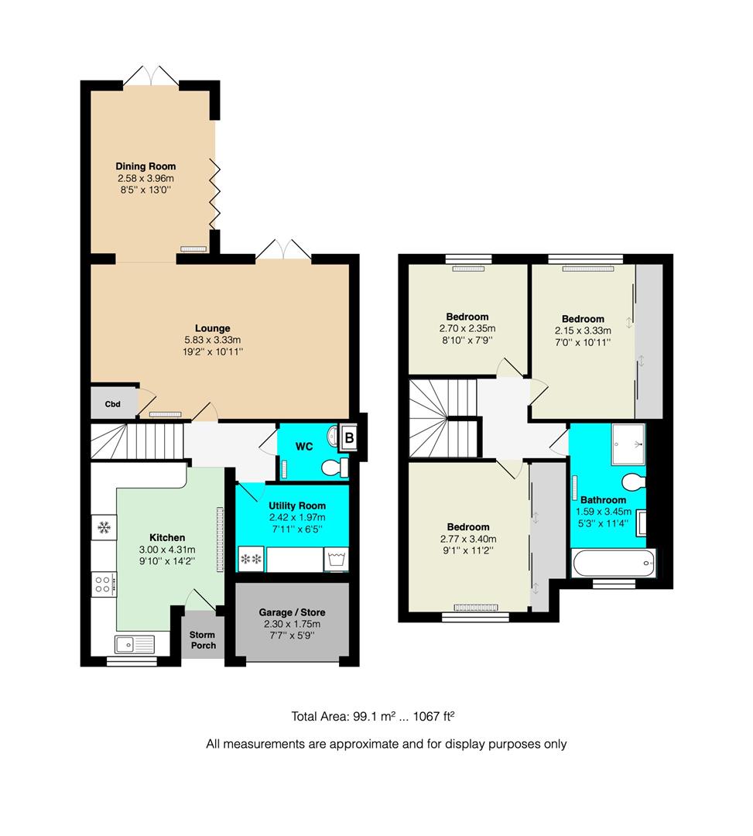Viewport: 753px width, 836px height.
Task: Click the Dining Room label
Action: coord(145,166)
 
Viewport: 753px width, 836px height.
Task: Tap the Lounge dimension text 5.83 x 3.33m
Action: coord(212,340)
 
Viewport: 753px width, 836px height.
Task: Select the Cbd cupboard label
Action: coord(112,404)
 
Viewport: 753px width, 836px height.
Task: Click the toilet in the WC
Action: coord(334,468)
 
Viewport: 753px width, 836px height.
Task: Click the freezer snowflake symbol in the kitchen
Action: coord(102,529)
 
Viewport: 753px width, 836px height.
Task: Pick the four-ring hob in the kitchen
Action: coord(103,583)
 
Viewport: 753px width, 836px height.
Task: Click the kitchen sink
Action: coord(135,642)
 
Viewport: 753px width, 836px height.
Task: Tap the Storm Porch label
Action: coord(204,639)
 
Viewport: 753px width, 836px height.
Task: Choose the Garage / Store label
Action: coord(292,612)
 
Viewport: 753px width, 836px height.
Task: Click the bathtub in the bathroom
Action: coord(613,563)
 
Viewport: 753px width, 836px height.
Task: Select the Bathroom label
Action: coord(604,499)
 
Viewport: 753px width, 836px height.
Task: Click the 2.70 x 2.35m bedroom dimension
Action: coord(467,328)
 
